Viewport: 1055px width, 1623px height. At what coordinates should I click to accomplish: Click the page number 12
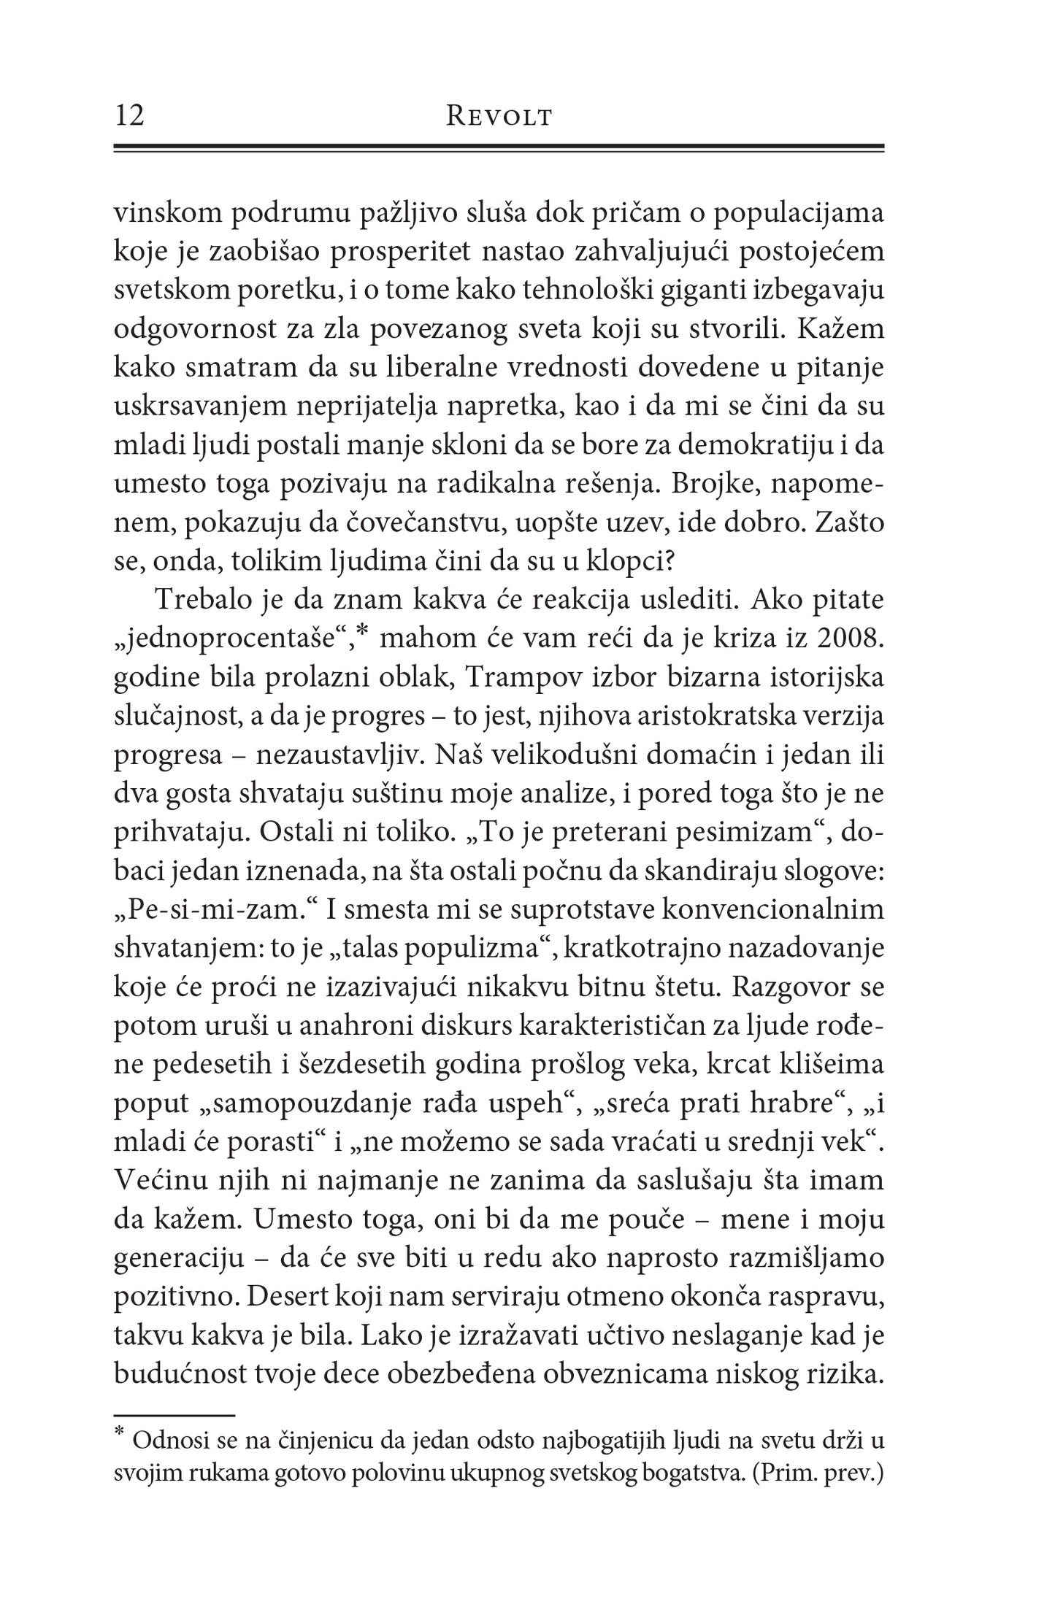pyautogui.click(x=130, y=116)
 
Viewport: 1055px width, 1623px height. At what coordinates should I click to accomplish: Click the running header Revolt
pyautogui.click(x=499, y=117)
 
